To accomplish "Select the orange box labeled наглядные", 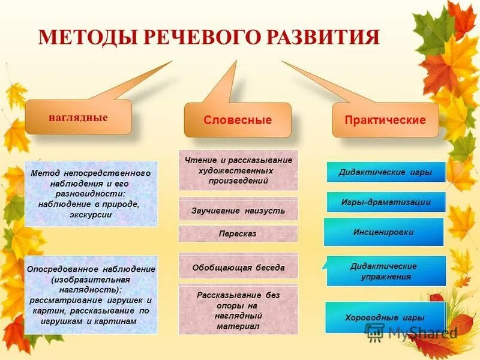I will click(78, 118).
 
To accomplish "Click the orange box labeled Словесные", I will click(238, 120).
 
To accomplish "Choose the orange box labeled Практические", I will click(385, 120).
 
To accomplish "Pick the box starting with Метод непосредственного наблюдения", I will click(91, 193).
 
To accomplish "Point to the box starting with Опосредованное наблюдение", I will click(91, 295).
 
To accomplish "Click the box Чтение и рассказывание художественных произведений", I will click(238, 170).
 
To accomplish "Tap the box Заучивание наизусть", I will click(238, 211).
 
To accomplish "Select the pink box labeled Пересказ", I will click(238, 234).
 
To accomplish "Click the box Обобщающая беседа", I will click(238, 267).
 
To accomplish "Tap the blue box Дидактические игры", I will click(386, 172).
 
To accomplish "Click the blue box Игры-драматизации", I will click(386, 202).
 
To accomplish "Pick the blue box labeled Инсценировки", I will click(383, 232).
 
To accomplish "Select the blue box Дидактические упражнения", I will click(386, 271).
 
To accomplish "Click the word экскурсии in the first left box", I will click(91, 214).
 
